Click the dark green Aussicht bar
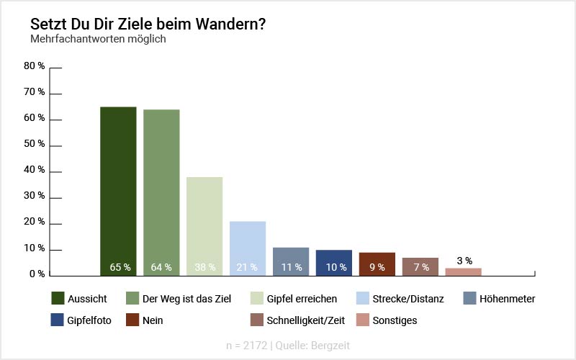[x=118, y=191]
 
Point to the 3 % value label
[x=464, y=261]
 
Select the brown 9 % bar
[x=377, y=264]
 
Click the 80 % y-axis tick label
[x=34, y=66]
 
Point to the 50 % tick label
[x=34, y=144]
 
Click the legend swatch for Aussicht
[x=59, y=298]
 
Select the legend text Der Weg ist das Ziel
[x=186, y=299]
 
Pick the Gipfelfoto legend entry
[x=90, y=320]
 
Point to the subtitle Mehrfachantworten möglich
[x=98, y=39]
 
